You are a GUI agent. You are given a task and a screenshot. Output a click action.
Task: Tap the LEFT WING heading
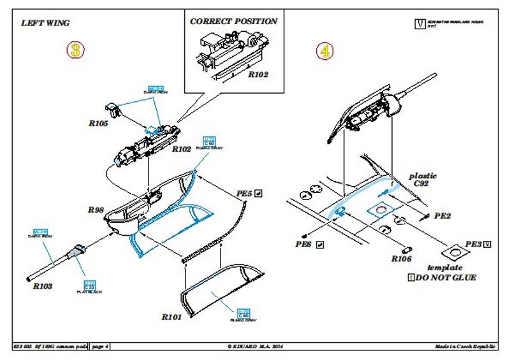pyautogui.click(x=45, y=23)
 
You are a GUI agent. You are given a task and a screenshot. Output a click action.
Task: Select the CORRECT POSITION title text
pyautogui.click(x=234, y=21)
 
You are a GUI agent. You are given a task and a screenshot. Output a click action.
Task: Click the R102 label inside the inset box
pyautogui.click(x=258, y=75)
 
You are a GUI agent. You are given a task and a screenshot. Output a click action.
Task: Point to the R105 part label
pyautogui.click(x=99, y=124)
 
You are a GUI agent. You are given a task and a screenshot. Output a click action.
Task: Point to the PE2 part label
pyautogui.click(x=443, y=217)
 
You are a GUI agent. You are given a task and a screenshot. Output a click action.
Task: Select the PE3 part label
pyautogui.click(x=473, y=244)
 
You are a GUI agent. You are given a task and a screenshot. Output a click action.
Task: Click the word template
pyautogui.click(x=444, y=268)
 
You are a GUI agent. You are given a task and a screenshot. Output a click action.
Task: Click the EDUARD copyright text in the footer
pyautogui.click(x=255, y=346)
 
